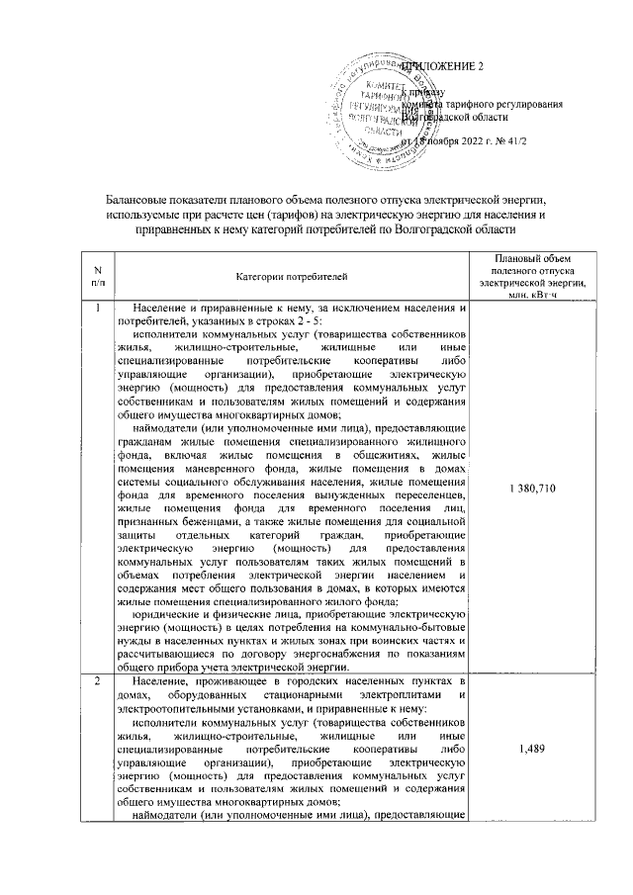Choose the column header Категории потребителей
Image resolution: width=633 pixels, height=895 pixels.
coord(292,276)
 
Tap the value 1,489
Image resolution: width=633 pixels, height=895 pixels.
coord(532,750)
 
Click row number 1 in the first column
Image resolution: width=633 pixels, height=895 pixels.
coord(97,309)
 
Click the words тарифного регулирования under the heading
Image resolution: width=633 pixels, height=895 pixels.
coord(504,103)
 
